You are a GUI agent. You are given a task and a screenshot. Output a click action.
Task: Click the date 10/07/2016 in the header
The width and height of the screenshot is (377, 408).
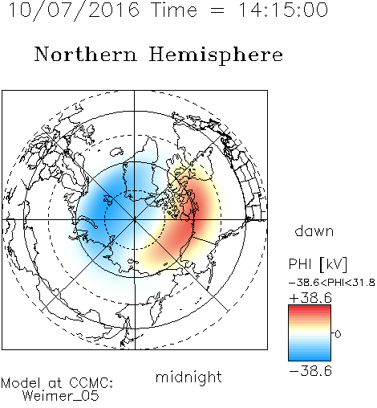click(74, 10)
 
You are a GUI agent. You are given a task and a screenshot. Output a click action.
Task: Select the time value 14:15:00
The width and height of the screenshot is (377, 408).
click(282, 10)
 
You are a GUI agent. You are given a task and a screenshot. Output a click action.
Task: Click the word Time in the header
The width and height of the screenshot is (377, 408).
click(174, 10)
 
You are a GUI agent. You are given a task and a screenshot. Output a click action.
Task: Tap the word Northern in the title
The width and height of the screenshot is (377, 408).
click(86, 55)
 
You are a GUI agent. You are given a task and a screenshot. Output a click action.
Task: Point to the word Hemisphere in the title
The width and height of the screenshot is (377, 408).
click(216, 55)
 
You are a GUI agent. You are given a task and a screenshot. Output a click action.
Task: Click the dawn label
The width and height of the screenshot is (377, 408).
click(314, 231)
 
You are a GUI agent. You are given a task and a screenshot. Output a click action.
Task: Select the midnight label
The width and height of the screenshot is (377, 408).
click(188, 377)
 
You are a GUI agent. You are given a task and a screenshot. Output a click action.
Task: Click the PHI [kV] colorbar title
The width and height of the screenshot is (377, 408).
click(318, 264)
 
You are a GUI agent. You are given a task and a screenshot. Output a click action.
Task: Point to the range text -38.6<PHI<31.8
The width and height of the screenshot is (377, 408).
click(332, 283)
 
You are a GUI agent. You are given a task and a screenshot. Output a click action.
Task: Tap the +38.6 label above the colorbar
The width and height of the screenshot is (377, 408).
click(310, 298)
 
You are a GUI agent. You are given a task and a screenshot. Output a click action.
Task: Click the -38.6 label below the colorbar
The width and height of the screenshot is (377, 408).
click(310, 371)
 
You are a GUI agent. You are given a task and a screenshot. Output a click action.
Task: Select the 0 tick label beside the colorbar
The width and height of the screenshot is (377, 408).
click(338, 334)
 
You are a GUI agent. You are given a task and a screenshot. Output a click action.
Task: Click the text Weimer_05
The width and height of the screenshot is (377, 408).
click(61, 396)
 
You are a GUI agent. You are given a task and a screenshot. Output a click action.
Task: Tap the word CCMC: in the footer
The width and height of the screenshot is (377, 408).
click(91, 383)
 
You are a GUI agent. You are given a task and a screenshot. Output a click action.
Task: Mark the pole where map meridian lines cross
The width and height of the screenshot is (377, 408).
click(135, 220)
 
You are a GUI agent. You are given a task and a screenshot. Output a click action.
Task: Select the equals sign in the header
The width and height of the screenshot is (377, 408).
click(217, 10)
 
